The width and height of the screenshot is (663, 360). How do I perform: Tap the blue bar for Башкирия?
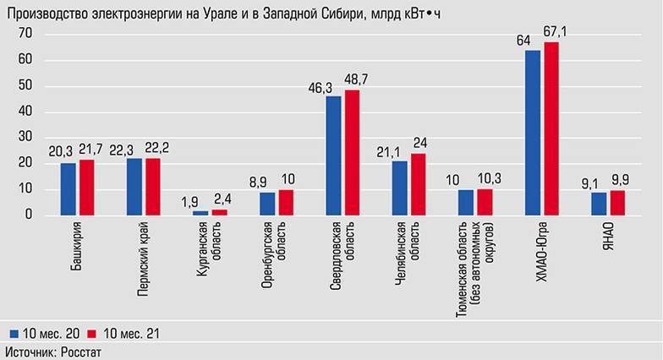[68, 189]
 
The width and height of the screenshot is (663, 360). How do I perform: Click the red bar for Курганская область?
[219, 212]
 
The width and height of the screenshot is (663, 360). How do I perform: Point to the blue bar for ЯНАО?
[598, 204]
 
